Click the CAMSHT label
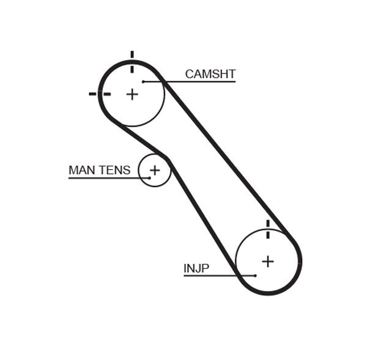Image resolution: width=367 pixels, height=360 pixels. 210,74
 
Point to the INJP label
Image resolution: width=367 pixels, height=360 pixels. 196,268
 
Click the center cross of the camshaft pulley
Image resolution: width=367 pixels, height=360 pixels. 132,94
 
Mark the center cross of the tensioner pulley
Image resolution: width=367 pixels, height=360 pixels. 155,170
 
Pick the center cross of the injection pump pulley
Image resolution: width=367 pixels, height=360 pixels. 267,261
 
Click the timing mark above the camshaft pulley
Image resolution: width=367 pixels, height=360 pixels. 132,61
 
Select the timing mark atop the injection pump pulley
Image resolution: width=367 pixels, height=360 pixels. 267,229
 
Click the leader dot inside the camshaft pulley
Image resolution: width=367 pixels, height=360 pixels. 143,81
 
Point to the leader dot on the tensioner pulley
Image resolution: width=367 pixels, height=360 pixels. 149,178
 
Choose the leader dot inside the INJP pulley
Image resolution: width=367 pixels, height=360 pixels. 255,276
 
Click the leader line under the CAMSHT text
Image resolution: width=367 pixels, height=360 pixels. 196,81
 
